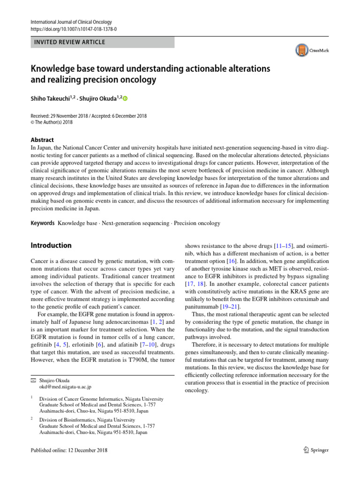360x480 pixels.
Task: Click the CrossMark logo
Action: [312, 50]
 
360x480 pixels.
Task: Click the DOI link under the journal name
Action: [74, 28]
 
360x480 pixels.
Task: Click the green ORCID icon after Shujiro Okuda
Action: [125, 98]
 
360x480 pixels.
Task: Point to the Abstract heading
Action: [42, 140]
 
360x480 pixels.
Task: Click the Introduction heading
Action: [51, 245]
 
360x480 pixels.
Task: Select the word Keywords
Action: [42, 223]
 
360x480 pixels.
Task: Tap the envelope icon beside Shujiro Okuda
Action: [33, 381]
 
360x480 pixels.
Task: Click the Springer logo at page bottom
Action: [314, 450]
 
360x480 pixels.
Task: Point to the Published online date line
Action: [69, 450]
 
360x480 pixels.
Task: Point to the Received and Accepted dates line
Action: [89, 114]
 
